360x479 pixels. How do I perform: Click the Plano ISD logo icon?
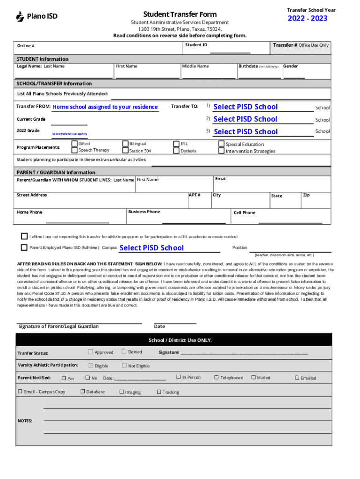tap(20, 17)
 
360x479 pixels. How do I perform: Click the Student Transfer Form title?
tap(180, 14)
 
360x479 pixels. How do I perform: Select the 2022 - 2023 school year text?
tap(307, 18)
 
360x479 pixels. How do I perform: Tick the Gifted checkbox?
tap(75, 144)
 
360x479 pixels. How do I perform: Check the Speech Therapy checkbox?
tap(75, 150)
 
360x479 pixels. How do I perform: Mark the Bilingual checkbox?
tap(126, 144)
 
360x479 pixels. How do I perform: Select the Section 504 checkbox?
tap(126, 151)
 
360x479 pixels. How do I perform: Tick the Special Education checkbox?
tap(222, 144)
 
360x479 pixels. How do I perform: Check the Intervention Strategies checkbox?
tap(222, 151)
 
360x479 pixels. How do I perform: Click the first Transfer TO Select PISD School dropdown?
tap(245, 107)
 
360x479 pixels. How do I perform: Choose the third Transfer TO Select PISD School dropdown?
tap(245, 131)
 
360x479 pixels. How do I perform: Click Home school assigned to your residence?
tap(105, 107)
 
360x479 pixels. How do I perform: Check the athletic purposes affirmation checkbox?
tap(24, 236)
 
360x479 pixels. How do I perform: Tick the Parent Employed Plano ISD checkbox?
tap(24, 247)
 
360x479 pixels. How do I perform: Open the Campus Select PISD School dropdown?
tap(151, 248)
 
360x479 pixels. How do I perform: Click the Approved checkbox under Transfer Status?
tap(90, 352)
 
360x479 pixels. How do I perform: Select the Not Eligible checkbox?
tap(124, 365)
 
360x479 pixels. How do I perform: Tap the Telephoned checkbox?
tap(216, 377)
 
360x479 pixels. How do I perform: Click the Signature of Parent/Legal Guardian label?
tap(58, 326)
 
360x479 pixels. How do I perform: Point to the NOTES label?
tap(25, 421)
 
